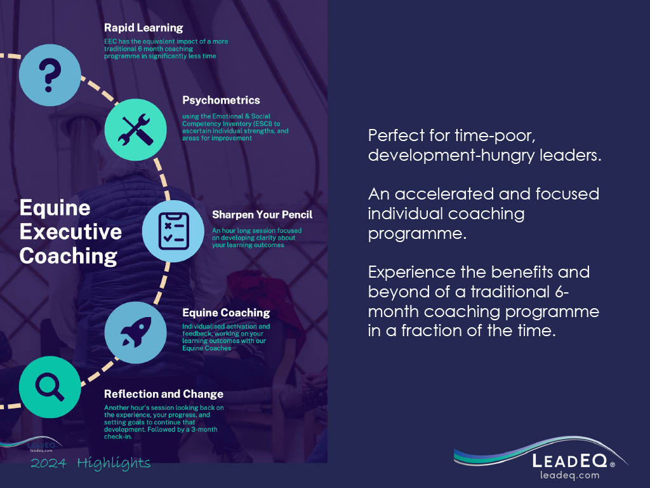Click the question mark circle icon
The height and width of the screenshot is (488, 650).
pos(50,75)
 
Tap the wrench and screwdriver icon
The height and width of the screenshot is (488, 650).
pos(136,130)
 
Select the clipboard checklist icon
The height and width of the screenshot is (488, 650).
pos(173,231)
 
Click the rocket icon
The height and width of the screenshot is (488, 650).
pos(136,332)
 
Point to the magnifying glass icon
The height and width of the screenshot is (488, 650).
pos(50,387)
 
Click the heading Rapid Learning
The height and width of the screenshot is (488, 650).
pos(143,28)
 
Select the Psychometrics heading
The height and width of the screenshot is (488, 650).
pos(221,100)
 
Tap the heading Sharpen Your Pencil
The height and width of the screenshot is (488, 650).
pos(262,215)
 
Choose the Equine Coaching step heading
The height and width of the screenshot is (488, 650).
pos(226,313)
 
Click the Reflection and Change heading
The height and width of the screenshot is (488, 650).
pos(164,394)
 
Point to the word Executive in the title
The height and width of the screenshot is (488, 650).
pos(70,231)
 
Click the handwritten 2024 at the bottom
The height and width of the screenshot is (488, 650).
pos(48,463)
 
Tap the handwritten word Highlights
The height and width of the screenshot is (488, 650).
pos(114,463)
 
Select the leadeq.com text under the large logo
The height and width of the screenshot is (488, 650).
pos(569,475)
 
